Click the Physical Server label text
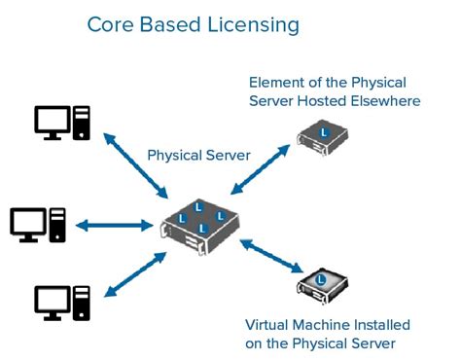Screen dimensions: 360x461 198,155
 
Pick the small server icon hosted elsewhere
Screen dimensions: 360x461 322,136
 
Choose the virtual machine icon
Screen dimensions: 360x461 322,285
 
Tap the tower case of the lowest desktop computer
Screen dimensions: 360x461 84,304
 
